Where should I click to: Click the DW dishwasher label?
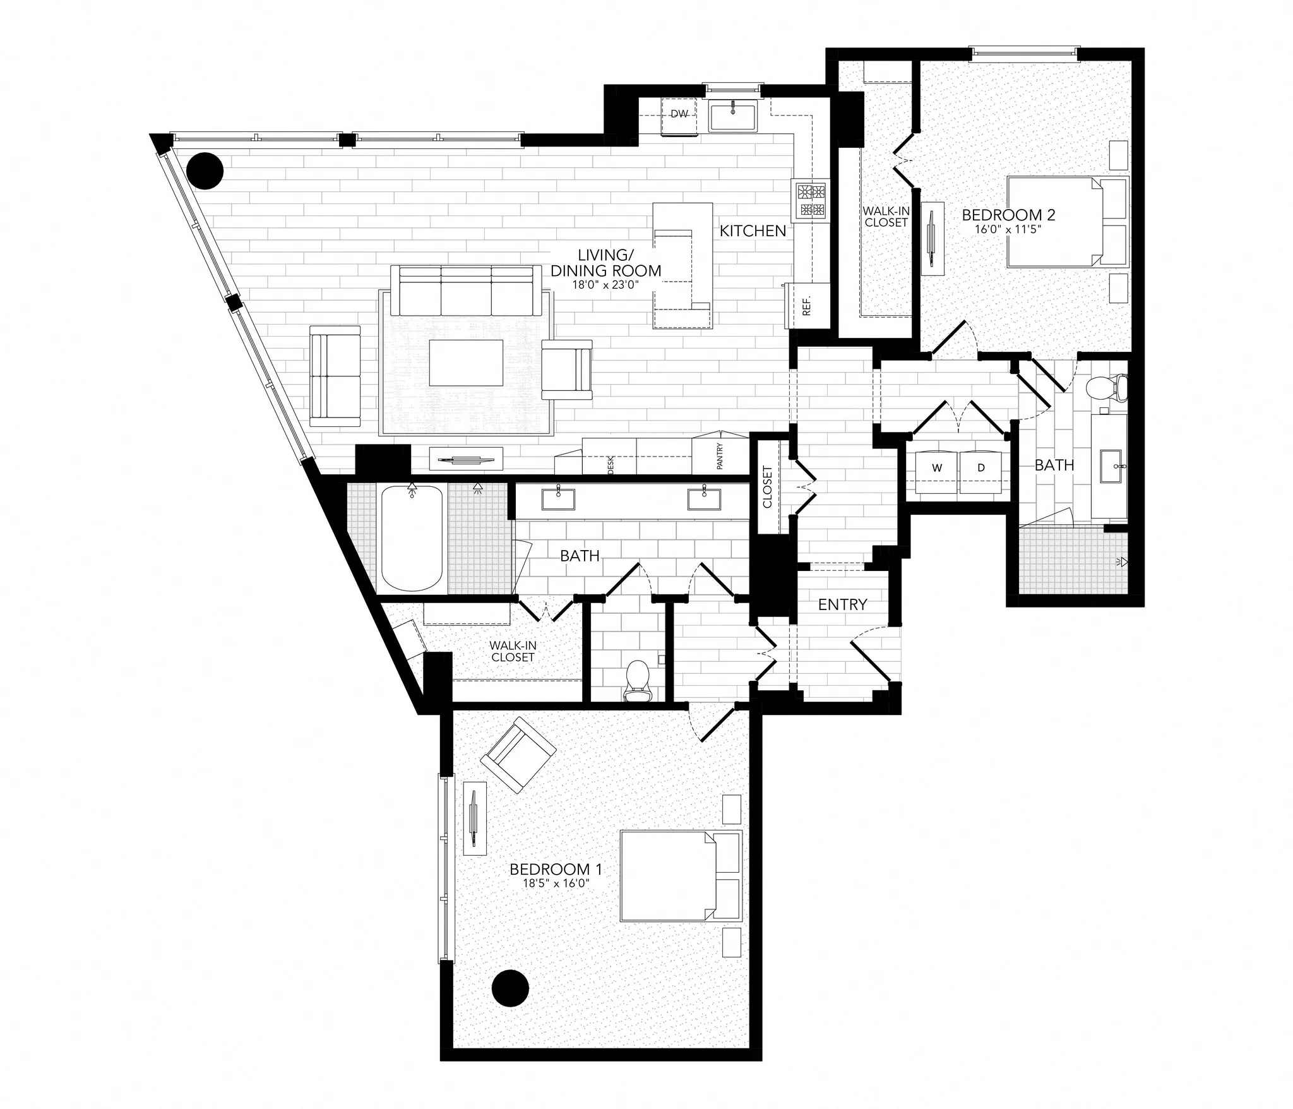click(679, 114)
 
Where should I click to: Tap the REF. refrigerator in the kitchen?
click(806, 306)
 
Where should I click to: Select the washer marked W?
click(937, 468)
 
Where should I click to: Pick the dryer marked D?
click(980, 468)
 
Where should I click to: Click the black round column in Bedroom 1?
click(509, 1005)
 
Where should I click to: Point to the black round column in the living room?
click(206, 171)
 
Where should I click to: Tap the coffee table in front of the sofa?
click(467, 363)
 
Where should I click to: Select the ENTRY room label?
click(842, 604)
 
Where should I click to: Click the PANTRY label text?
click(720, 456)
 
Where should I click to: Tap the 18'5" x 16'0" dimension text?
click(556, 884)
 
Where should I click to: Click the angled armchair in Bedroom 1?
click(518, 755)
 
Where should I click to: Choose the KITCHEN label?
click(753, 231)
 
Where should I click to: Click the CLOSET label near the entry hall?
click(768, 487)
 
